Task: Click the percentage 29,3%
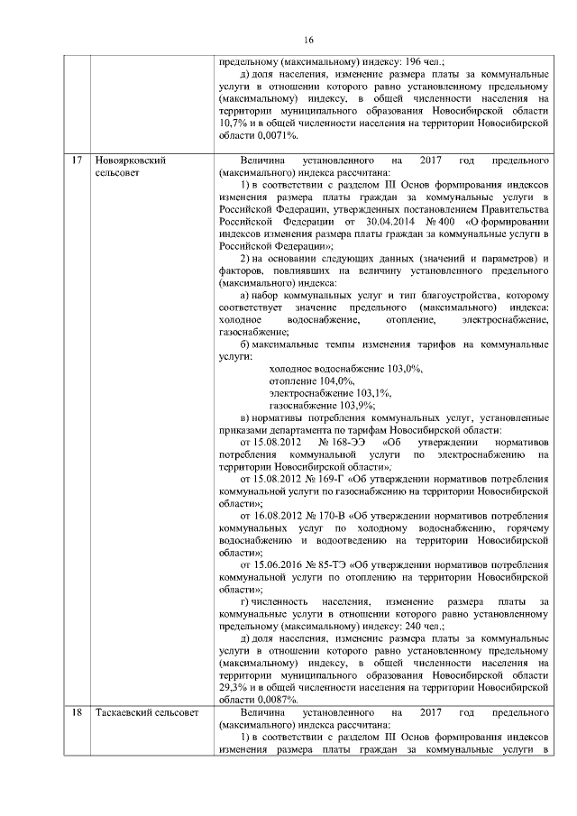tap(234, 686)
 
